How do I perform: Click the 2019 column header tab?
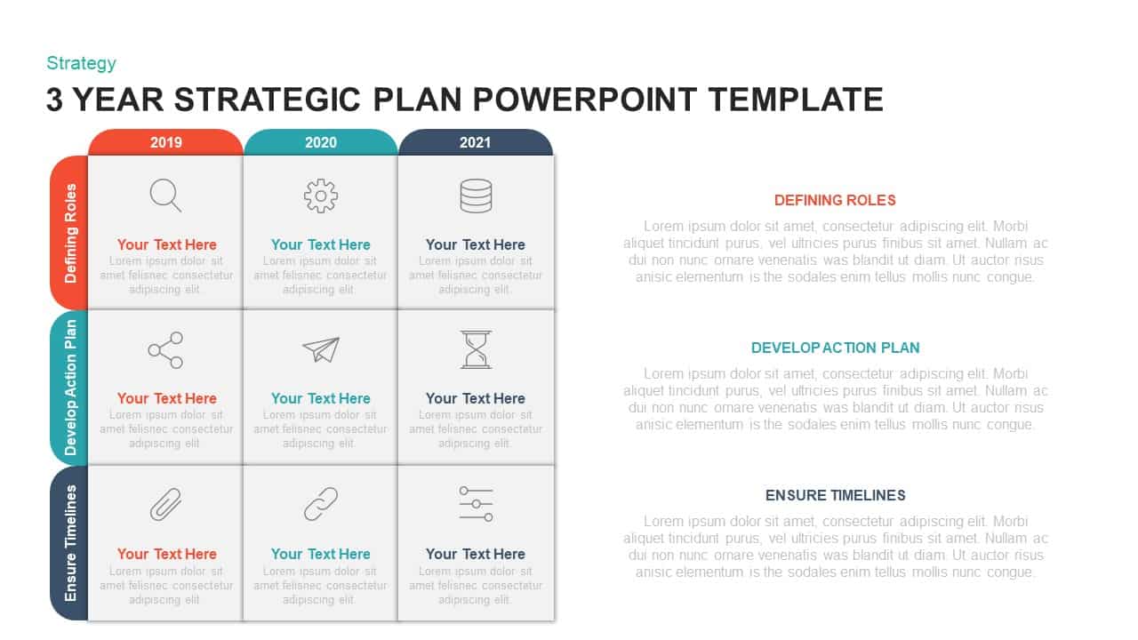pos(165,142)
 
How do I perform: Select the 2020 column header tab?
pos(320,142)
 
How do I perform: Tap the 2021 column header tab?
pos(475,142)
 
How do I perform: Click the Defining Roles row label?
pos(70,233)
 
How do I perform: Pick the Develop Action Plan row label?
pos(70,388)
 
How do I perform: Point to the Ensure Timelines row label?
pos(70,542)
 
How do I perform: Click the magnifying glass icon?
pos(165,195)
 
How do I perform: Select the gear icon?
pos(320,196)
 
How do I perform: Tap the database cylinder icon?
pos(476,196)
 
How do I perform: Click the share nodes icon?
pos(165,350)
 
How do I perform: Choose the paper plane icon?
pos(321,349)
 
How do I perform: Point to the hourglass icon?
pos(476,349)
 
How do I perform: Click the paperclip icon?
pos(165,505)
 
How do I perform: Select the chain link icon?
pos(320,504)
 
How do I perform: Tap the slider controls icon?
pos(476,504)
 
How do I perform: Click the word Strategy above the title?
pos(81,63)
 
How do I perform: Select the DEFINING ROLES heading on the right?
pos(835,200)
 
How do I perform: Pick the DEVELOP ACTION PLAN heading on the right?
pos(835,348)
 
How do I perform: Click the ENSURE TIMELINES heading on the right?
pos(835,495)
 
